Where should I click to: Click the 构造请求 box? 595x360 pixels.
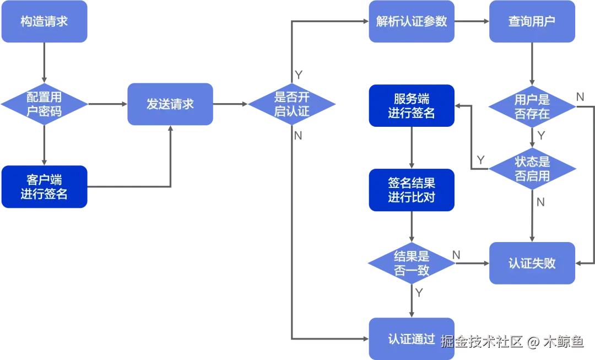pos(45,22)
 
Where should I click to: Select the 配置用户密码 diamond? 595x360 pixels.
pos(45,104)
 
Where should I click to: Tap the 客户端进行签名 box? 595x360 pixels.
pos(45,186)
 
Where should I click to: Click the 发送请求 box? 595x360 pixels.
pos(170,104)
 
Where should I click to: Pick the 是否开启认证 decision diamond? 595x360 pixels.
pos(292,104)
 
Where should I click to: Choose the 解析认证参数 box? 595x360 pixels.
pos(412,22)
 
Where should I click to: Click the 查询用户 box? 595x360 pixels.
pos(532,22)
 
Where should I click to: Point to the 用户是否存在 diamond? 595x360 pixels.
pos(532,107)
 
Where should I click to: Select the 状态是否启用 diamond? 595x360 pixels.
pos(532,169)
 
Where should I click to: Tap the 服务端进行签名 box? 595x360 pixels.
pos(412,105)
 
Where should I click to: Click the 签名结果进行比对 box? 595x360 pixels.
pos(412,190)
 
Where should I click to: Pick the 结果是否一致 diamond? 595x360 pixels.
pos(412,263)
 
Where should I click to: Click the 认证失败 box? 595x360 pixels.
pos(532,263)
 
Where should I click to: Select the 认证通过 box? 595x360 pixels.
pos(412,338)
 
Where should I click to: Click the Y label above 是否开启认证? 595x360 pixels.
pos(299,75)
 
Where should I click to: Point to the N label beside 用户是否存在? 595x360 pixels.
pos(580,97)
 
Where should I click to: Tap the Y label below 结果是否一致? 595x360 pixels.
pos(419,292)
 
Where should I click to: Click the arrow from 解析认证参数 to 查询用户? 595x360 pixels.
pos(472,22)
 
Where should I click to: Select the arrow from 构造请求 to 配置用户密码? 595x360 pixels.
pos(45,63)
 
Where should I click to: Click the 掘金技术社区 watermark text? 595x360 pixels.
pos(482,341)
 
